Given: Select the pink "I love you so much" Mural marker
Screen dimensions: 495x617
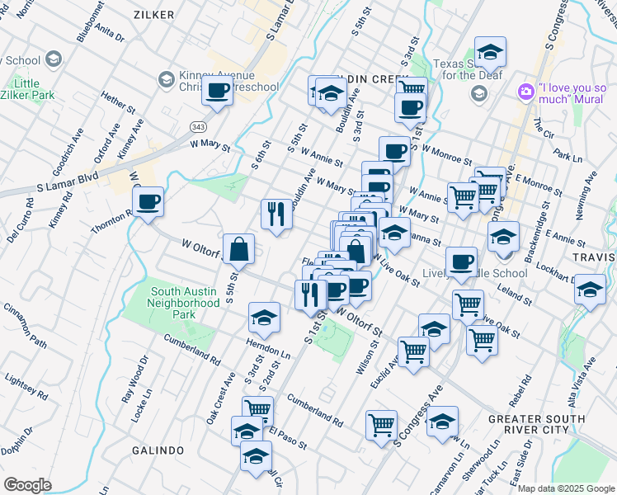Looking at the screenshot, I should tap(525, 92).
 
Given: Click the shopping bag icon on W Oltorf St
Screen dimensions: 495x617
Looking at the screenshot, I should tap(238, 248).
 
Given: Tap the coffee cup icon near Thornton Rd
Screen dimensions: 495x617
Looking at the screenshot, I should tap(148, 202).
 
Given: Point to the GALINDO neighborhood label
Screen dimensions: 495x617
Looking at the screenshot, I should tap(157, 450).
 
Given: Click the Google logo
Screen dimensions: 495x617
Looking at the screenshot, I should tap(27, 485).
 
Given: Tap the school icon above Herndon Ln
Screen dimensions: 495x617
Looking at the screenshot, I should tap(264, 317).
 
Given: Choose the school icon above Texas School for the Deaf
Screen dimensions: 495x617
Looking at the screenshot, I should tap(490, 52).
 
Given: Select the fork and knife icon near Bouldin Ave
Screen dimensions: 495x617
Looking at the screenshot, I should tap(276, 214).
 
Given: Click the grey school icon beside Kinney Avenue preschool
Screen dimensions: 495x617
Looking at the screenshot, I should tap(165, 80).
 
